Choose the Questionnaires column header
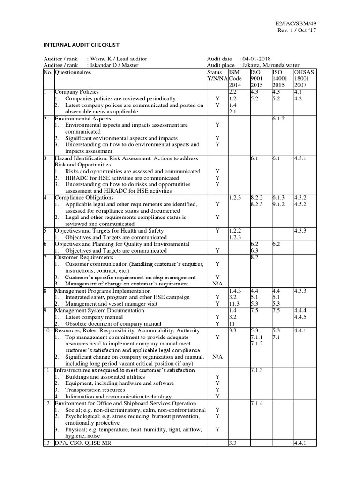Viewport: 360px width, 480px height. click(x=73, y=73)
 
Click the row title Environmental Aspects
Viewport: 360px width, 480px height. click(x=83, y=119)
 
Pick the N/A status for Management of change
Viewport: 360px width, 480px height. click(x=217, y=284)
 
